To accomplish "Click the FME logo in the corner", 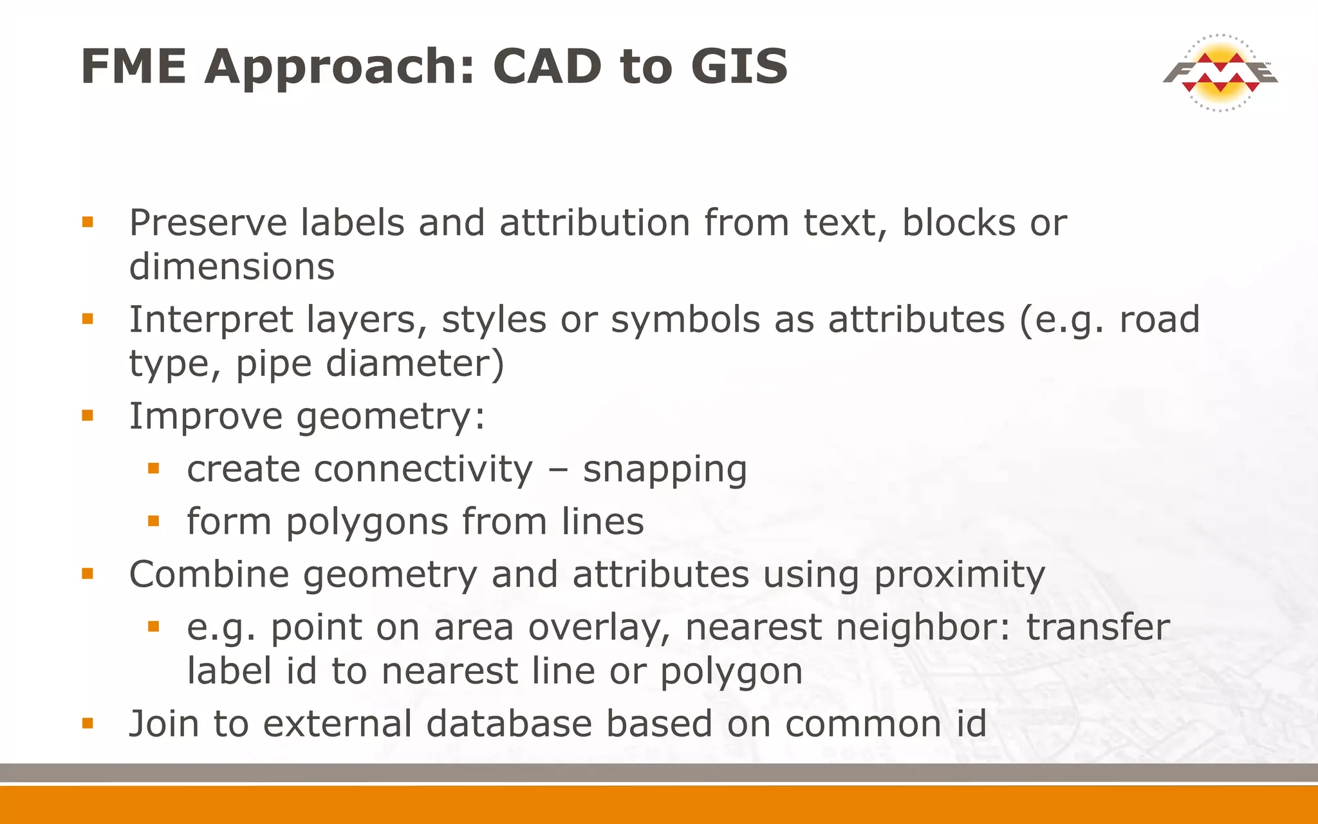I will (1220, 72).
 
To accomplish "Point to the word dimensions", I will (232, 267).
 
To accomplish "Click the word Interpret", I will (211, 320).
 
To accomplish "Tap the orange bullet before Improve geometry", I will (88, 415).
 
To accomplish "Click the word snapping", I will (664, 470).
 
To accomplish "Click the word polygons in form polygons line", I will (367, 522).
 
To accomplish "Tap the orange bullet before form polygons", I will (153, 520).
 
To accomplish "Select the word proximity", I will (959, 575).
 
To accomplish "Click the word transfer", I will (1097, 628).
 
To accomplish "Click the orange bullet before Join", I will (88, 723).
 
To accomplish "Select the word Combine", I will (209, 574).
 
